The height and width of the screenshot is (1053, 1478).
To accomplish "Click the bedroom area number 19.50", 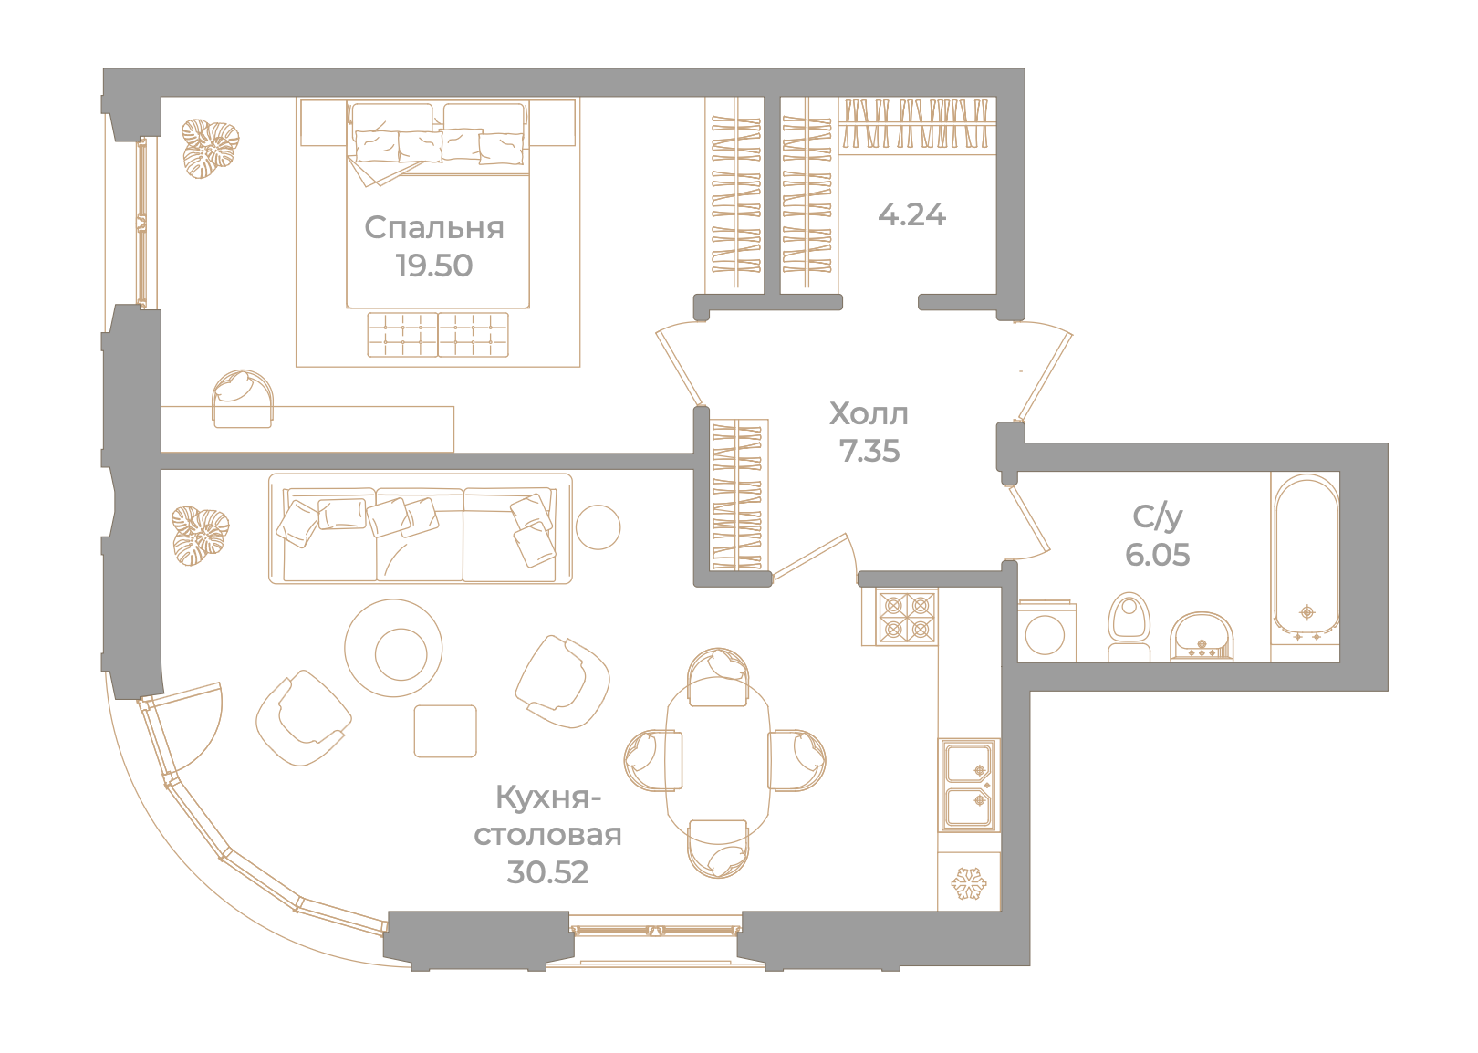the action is (434, 266).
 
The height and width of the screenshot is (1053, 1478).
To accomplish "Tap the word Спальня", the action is (434, 228).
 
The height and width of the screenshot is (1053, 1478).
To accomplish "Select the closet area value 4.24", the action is (911, 215).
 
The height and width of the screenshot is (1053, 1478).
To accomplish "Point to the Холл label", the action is (869, 414).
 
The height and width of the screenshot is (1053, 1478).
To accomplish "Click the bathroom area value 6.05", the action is (1158, 555).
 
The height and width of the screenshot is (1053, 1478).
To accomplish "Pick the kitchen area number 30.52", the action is (547, 872).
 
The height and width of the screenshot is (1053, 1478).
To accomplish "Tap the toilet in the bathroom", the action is (1129, 627).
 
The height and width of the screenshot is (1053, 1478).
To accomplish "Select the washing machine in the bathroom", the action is (1046, 631).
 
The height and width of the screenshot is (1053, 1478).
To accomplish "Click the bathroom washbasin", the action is (1202, 637).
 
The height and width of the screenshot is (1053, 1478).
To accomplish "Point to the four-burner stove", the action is (907, 618).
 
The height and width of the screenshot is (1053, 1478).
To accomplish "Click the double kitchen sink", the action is (969, 785).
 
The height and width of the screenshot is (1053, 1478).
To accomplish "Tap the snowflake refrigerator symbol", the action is (969, 882).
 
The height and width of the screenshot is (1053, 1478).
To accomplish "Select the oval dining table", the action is (718, 761).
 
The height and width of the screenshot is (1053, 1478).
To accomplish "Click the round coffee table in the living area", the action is (393, 648).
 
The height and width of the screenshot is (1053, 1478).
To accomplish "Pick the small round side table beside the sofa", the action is (598, 527).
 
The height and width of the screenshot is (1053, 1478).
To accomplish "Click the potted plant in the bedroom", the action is (210, 149).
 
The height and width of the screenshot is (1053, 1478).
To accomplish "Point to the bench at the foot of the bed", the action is (438, 335).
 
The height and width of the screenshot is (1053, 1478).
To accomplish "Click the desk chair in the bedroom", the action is (243, 399).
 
